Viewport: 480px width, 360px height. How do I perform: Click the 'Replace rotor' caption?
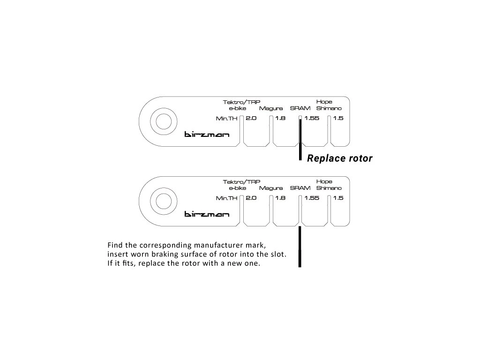(339, 158)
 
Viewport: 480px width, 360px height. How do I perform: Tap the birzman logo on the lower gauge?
(207, 214)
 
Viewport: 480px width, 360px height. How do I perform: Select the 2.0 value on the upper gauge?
(251, 118)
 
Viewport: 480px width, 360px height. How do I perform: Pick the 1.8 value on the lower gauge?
(280, 198)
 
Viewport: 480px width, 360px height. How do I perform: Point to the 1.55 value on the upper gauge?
(312, 118)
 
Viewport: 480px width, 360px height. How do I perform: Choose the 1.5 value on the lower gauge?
(338, 198)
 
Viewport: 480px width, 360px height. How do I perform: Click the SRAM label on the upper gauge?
(300, 108)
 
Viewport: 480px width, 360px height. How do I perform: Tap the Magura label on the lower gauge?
(271, 188)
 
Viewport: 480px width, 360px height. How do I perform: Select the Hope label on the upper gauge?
(324, 102)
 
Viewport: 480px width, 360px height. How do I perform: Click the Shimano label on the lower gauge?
(329, 188)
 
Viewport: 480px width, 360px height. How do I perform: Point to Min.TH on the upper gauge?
(226, 119)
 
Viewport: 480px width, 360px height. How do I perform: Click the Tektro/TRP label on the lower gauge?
(241, 182)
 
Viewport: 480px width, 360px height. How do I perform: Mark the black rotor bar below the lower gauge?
(300, 247)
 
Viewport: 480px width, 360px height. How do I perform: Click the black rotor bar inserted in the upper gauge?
(300, 140)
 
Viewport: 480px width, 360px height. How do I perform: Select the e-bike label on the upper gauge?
(238, 108)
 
